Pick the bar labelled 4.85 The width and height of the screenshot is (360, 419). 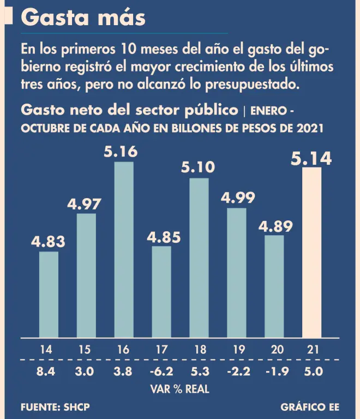point(161,291)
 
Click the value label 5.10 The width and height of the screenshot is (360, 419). point(199,167)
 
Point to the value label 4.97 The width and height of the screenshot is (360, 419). point(86,205)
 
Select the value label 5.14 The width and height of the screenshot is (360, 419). point(311,158)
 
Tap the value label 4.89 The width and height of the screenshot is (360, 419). point(274,226)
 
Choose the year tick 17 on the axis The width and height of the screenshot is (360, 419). point(161,350)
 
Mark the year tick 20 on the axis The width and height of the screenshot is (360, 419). point(276,350)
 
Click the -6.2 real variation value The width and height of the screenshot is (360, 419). point(161,373)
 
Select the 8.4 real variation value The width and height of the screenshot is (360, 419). point(46,373)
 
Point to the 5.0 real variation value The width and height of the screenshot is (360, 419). point(313,373)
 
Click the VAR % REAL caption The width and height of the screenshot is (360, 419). point(179,390)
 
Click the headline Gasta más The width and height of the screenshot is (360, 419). point(83,18)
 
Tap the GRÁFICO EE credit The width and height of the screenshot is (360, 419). point(309,408)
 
